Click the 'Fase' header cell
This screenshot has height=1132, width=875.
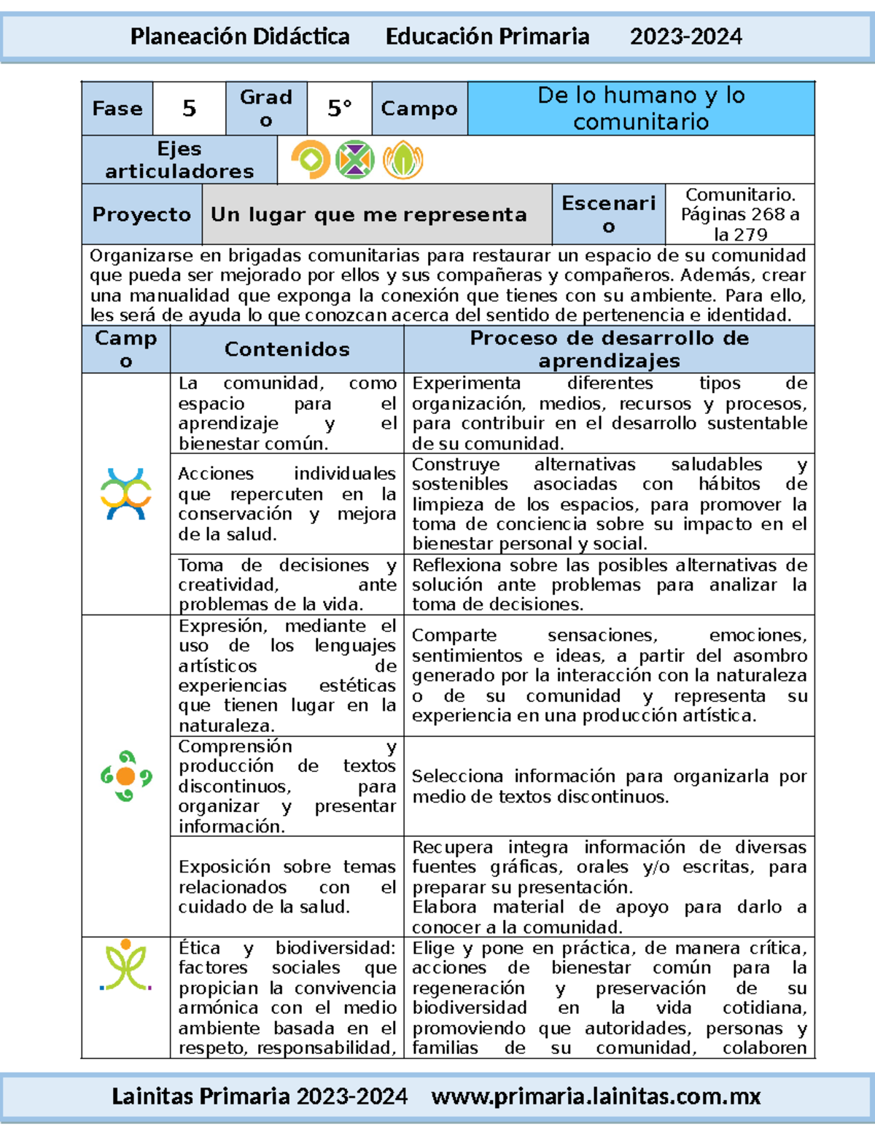click(x=117, y=109)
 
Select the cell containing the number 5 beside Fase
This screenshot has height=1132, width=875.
click(x=189, y=109)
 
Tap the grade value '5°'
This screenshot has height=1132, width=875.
click(x=339, y=109)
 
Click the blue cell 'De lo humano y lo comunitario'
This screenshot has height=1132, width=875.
click(x=640, y=109)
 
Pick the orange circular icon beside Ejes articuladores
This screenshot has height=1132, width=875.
click(x=310, y=160)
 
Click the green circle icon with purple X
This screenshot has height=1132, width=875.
click(x=355, y=160)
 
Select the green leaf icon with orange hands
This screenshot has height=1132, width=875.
click(x=402, y=160)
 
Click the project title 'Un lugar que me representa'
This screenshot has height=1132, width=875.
click(x=368, y=214)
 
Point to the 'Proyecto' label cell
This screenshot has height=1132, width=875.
click(x=141, y=214)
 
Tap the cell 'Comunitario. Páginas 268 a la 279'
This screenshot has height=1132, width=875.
click(x=739, y=214)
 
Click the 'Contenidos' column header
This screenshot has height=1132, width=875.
click(x=287, y=349)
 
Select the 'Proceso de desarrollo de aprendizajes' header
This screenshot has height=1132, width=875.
click(x=609, y=349)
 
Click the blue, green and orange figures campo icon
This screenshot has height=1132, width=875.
click(x=126, y=494)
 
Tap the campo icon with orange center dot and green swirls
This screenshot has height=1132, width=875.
click(x=125, y=776)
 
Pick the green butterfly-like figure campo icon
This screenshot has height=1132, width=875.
click(x=125, y=965)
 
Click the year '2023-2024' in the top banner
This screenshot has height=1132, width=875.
click(x=685, y=36)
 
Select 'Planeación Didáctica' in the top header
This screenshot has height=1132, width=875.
click(x=240, y=36)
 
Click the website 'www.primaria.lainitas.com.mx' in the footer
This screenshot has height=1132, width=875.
click(x=596, y=1096)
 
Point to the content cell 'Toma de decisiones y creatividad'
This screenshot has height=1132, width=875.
click(x=287, y=585)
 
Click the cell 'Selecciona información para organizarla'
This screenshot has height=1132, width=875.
click(x=609, y=786)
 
